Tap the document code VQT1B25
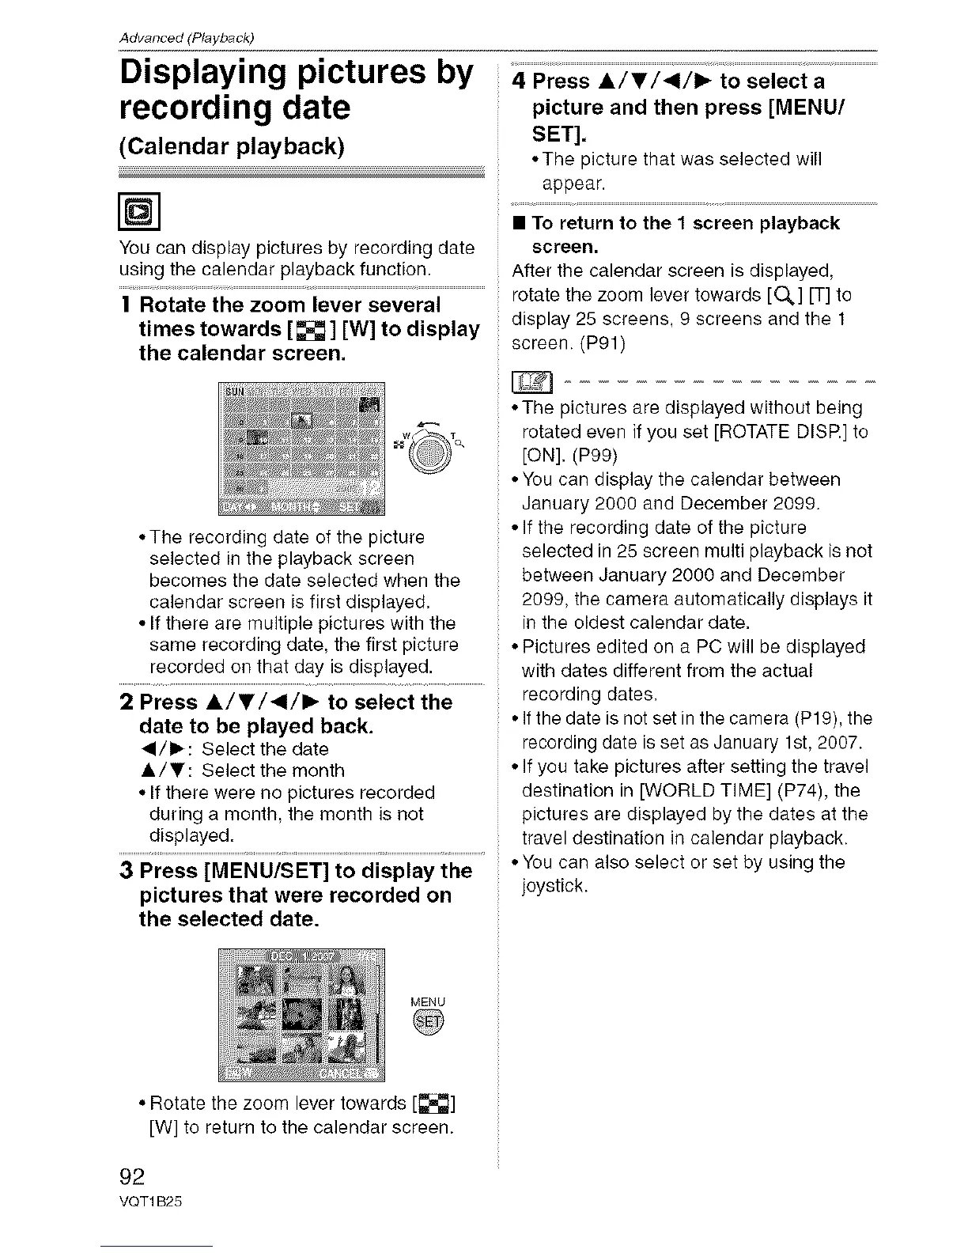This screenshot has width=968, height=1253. (150, 1199)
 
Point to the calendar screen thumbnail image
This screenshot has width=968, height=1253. (301, 448)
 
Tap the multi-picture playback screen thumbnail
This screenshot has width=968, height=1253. (301, 1014)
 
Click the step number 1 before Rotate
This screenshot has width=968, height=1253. (127, 305)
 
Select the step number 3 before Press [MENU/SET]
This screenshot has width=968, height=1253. (126, 871)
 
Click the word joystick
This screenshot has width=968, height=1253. (554, 886)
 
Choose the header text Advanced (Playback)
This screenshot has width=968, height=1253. (185, 38)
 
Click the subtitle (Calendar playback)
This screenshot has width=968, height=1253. (231, 147)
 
